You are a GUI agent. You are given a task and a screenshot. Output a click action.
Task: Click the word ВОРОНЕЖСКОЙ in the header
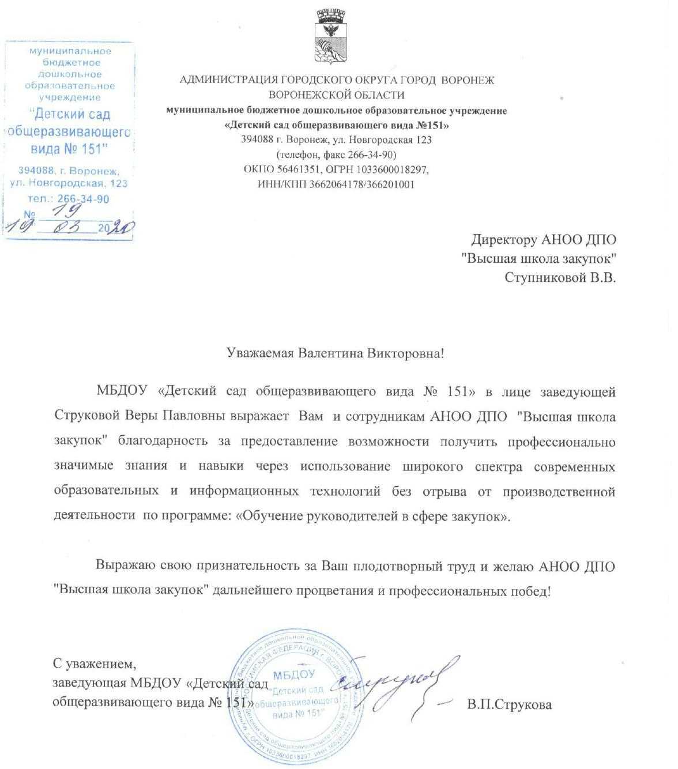(x=312, y=95)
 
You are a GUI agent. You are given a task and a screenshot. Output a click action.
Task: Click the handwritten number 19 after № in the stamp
(x=67, y=212)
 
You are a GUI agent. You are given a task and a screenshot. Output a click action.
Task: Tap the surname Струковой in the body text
(x=86, y=417)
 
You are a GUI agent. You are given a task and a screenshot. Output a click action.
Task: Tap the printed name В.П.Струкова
(x=510, y=704)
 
